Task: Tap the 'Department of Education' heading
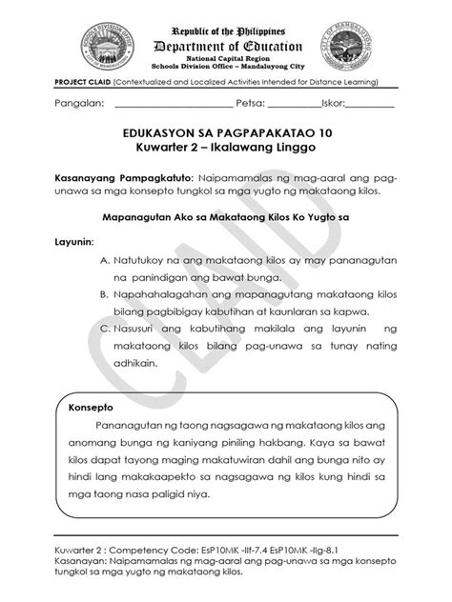tap(227, 47)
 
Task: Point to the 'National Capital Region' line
tap(226, 60)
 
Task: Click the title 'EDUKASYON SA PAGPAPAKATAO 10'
tap(225, 134)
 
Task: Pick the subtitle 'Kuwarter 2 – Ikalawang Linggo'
tap(225, 150)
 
